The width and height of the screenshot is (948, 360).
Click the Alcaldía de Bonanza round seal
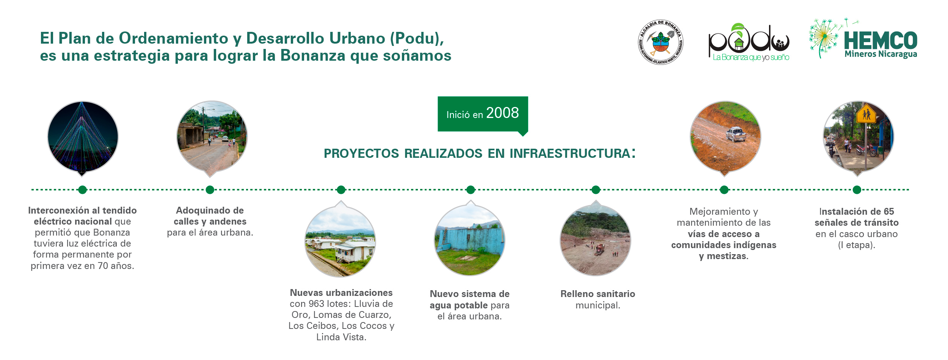(661, 42)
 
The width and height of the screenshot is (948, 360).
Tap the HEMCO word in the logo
(881, 41)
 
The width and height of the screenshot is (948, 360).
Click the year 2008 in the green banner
(502, 113)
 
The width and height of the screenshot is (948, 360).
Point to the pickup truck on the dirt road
(736, 134)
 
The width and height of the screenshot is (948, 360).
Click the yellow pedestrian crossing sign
(866, 113)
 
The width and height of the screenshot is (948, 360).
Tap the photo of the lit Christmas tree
(83, 137)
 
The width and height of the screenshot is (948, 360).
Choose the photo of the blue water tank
(470, 240)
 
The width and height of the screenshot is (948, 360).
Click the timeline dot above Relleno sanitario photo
(596, 190)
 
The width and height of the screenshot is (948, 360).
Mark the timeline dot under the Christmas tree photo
(82, 190)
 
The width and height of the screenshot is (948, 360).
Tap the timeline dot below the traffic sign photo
(857, 190)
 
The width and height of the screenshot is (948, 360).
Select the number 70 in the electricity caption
(103, 266)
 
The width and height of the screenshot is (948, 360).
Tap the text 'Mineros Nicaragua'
(881, 54)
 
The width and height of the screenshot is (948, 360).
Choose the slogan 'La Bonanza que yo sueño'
(751, 57)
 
